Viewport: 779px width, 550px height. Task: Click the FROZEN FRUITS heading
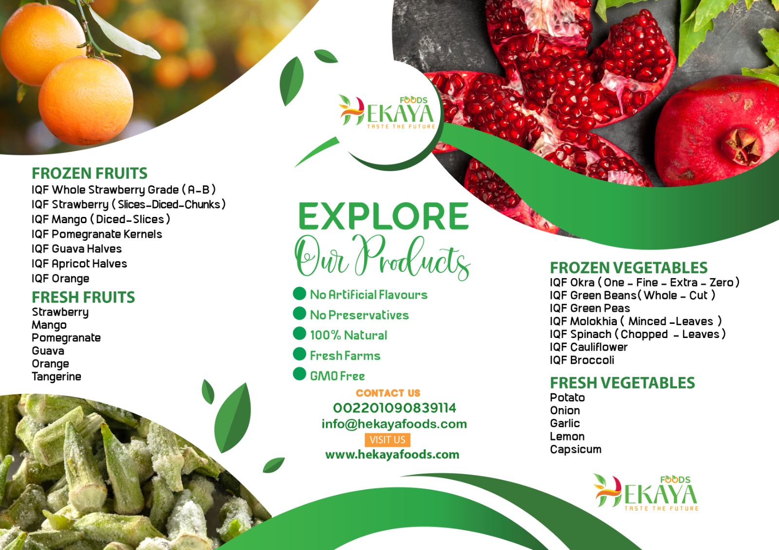tap(90, 173)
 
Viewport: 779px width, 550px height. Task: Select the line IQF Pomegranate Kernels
tap(97, 234)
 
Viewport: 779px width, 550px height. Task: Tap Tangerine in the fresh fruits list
tap(56, 376)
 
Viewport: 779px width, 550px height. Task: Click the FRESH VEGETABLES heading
tap(622, 383)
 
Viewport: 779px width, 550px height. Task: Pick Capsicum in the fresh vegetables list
tap(575, 449)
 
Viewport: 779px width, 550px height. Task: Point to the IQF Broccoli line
tap(582, 360)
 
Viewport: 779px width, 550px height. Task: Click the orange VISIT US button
tap(388, 440)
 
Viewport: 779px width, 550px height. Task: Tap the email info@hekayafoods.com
tap(394, 424)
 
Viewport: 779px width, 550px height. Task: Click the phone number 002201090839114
tap(394, 408)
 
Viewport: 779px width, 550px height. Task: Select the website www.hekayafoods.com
tap(392, 455)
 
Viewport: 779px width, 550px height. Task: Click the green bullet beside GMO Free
tap(299, 374)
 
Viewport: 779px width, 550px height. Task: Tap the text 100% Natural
tap(349, 335)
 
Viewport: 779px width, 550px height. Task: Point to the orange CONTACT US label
tap(388, 393)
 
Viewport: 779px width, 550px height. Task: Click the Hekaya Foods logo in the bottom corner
tap(646, 492)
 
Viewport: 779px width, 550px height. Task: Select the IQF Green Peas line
tap(590, 308)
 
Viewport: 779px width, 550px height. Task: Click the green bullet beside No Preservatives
tap(299, 313)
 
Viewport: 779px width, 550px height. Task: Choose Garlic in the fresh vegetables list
tap(565, 423)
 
